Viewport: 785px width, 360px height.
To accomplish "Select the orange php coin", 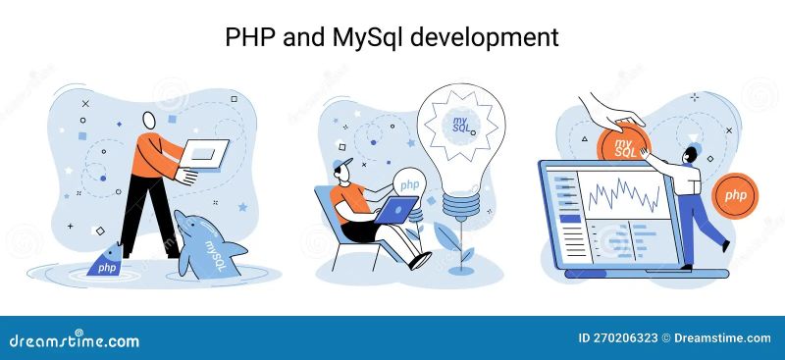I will pos(735,195).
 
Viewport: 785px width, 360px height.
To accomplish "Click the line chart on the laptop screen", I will pos(624,191).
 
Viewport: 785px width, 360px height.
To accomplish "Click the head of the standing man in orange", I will pos(149,120).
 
